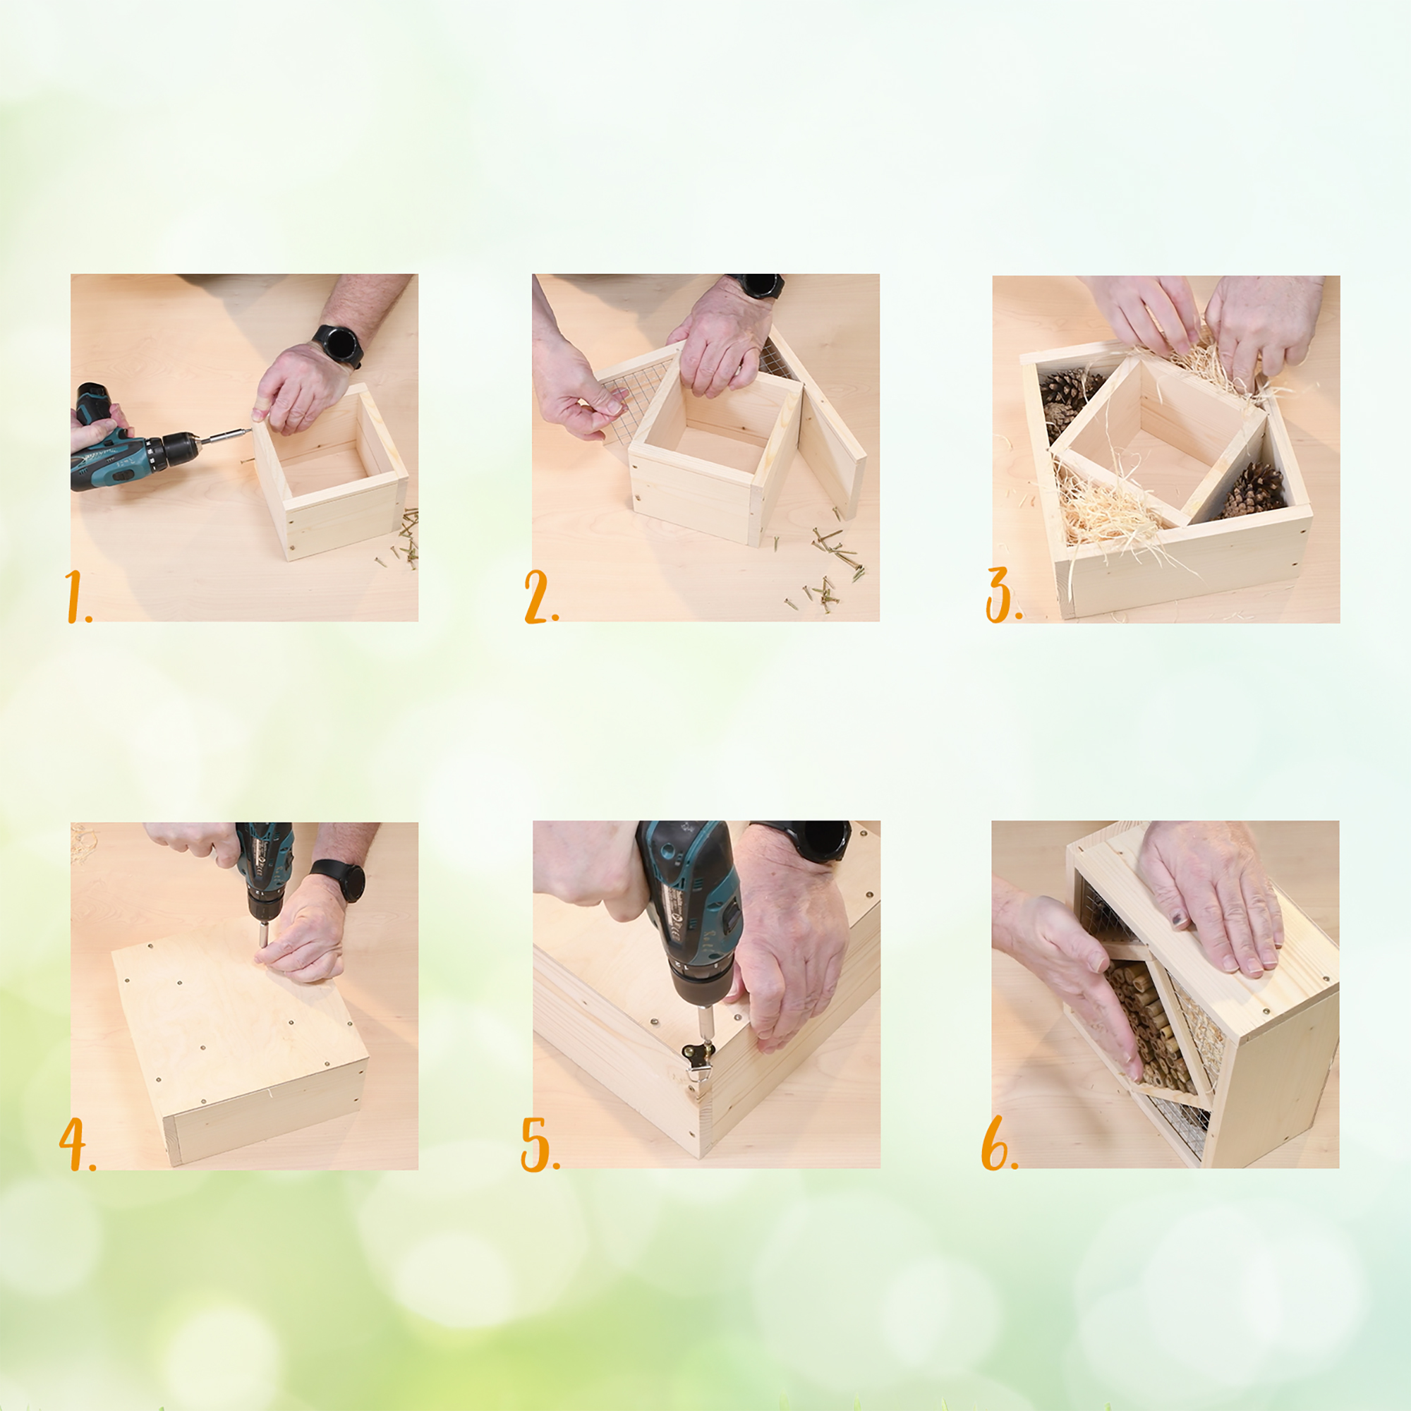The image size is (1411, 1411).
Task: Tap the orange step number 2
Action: tap(540, 597)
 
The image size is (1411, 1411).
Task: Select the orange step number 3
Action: tap(1003, 595)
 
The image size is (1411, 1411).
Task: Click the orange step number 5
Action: tap(539, 1144)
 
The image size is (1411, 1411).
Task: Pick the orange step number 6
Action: tap(998, 1143)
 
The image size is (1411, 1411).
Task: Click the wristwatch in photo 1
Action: tap(339, 346)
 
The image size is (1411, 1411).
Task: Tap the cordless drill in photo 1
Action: tap(139, 442)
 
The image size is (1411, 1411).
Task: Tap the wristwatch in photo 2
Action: tap(759, 285)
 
